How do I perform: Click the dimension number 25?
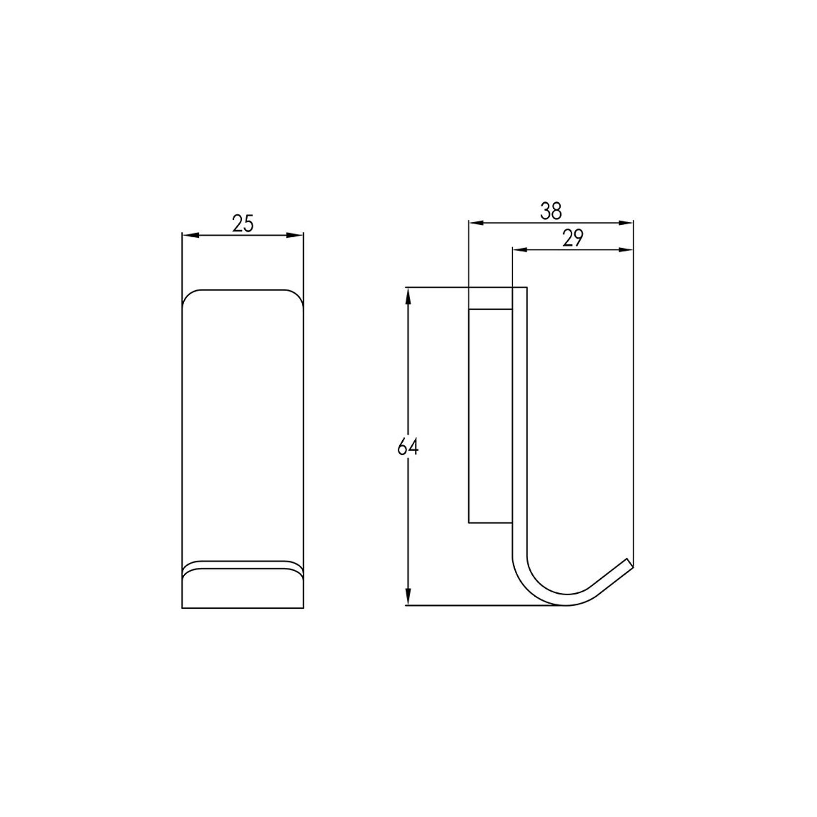243,224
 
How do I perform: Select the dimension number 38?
551,211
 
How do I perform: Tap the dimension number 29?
572,238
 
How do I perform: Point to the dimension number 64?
408,447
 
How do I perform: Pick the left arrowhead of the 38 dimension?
475,223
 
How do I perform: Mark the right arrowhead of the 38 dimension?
626,223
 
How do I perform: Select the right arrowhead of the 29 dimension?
626,250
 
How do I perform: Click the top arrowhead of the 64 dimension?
408,294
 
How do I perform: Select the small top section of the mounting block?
490,298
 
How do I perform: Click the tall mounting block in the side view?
490,414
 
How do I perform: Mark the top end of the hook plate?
520,289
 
